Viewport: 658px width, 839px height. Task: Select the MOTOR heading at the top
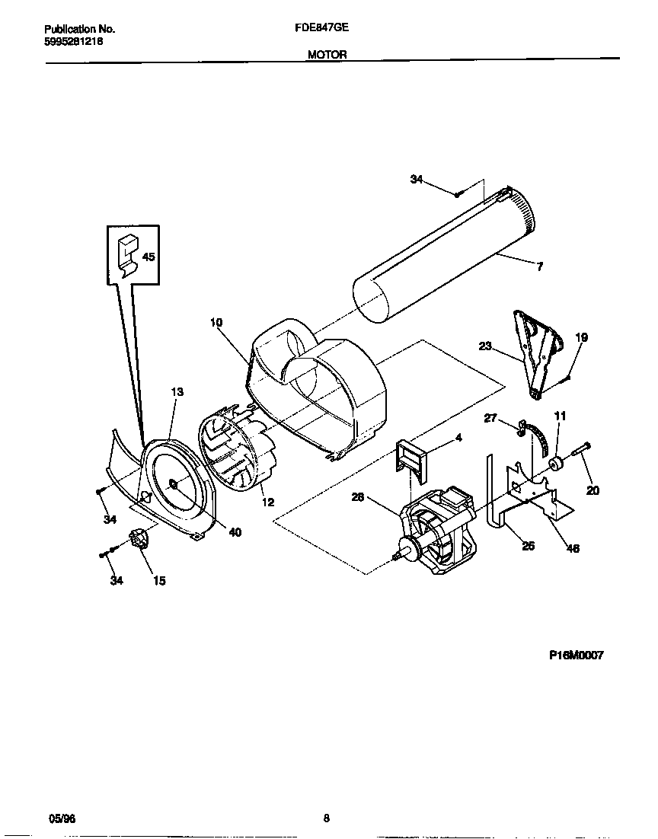tap(327, 54)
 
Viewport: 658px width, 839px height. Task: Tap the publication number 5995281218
tap(74, 42)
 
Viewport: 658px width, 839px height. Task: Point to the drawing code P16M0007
tap(576, 655)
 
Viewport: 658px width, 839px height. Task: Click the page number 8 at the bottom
tap(326, 818)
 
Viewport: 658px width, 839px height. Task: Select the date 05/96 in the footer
tap(62, 818)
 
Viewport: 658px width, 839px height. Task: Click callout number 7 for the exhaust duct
tap(539, 267)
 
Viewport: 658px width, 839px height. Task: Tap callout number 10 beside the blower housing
tap(216, 323)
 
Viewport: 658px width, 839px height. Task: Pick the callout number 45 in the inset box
tap(148, 257)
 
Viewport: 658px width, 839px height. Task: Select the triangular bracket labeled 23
tap(538, 350)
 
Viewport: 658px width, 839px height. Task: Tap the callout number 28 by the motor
tap(357, 497)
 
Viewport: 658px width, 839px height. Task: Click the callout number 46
tap(573, 548)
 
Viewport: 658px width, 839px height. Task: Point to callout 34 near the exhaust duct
tap(416, 179)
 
